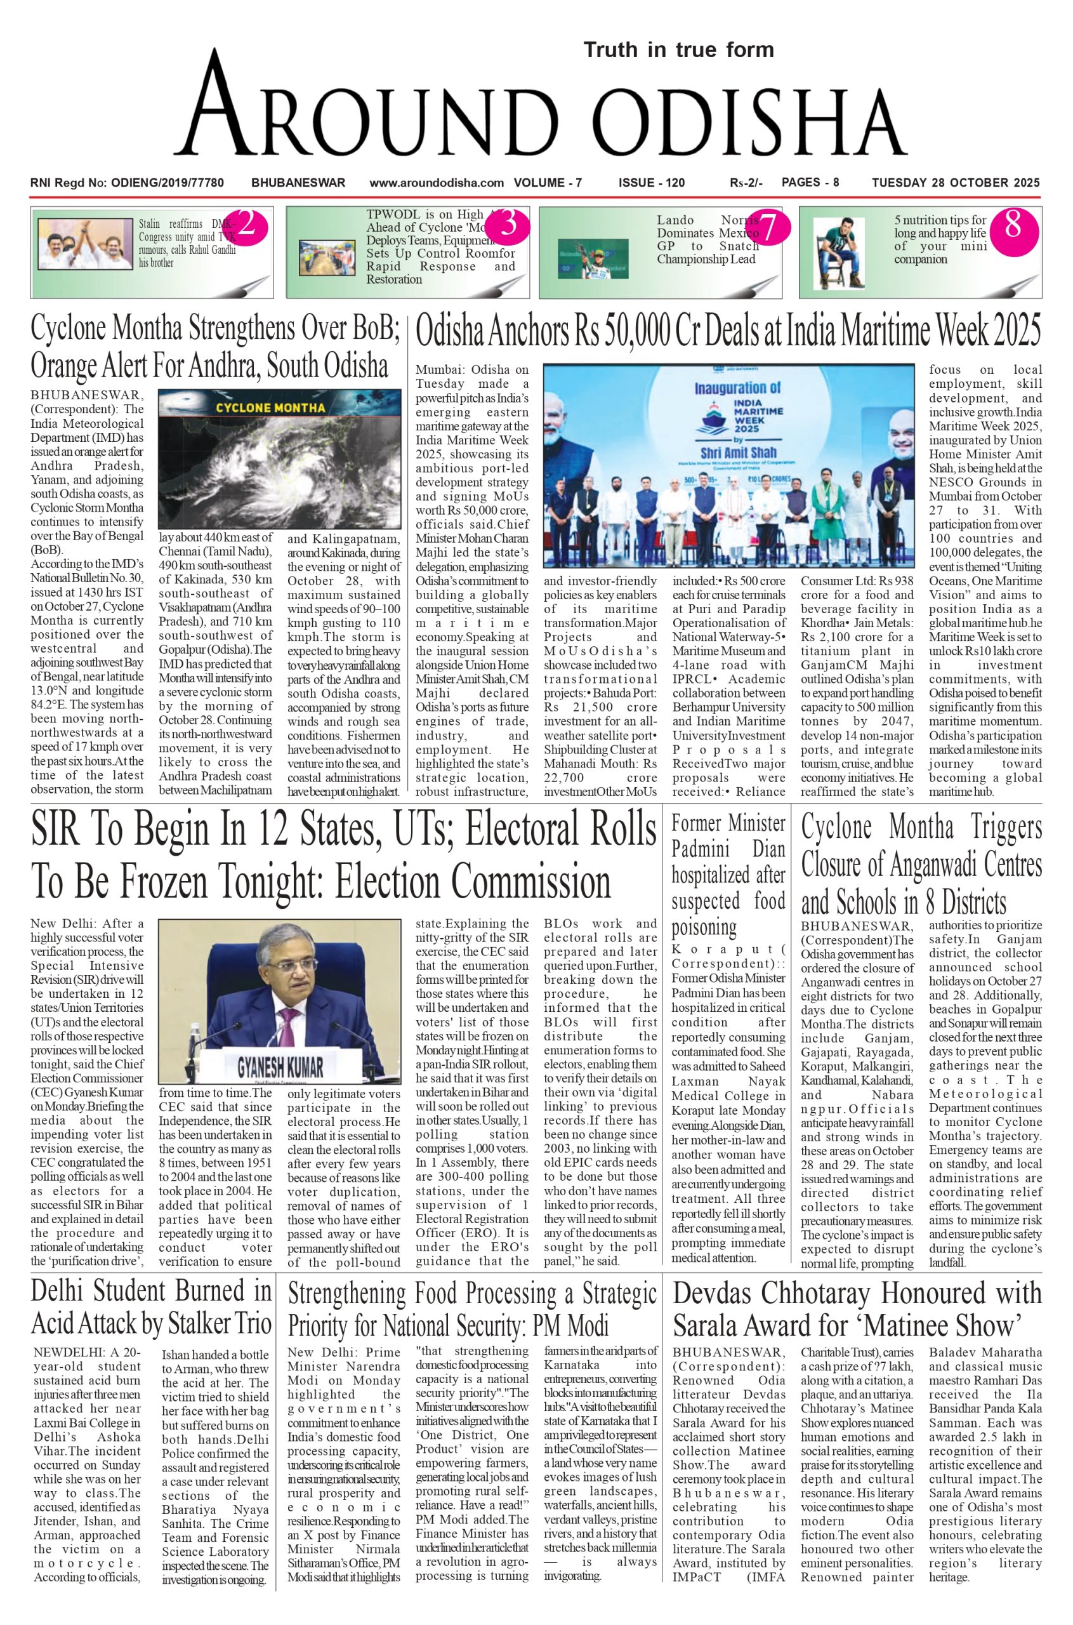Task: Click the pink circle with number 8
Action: click(x=1012, y=225)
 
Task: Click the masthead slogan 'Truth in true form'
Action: click(x=678, y=50)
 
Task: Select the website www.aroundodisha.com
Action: click(x=437, y=183)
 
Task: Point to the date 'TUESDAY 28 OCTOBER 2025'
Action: click(x=956, y=183)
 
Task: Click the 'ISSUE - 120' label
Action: click(x=651, y=183)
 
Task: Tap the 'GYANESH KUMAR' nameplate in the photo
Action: click(x=280, y=1067)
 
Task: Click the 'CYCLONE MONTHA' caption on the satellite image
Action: click(x=270, y=408)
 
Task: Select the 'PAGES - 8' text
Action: click(x=810, y=183)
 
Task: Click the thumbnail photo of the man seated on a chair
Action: click(x=839, y=253)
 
